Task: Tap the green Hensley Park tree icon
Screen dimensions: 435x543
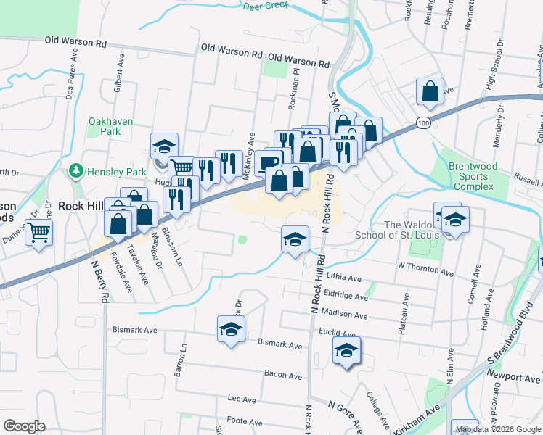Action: (75, 171)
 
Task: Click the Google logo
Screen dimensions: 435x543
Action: (24, 426)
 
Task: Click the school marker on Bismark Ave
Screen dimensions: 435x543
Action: (232, 329)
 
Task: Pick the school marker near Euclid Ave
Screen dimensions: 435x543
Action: (347, 352)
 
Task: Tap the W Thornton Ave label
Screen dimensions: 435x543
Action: (425, 270)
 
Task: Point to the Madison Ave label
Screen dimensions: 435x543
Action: (343, 315)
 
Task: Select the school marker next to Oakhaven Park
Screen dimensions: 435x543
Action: (164, 145)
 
